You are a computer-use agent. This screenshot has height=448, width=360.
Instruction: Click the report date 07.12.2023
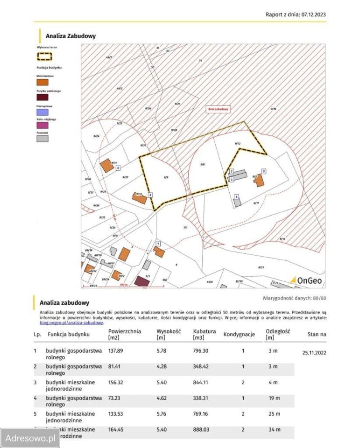(313, 14)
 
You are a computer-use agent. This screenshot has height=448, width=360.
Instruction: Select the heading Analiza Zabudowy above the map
(71, 35)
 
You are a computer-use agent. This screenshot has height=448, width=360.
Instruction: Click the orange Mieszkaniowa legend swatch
(42, 82)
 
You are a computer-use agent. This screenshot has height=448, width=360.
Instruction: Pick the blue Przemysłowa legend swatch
(42, 112)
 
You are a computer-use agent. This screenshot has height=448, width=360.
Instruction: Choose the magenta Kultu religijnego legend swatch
(42, 126)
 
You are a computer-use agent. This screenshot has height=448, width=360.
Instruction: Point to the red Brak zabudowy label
(219, 109)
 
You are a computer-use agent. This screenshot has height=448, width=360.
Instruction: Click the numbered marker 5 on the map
(264, 171)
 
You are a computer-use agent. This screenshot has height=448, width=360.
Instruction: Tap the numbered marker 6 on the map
(119, 168)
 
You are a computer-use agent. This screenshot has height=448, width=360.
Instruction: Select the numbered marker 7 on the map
(158, 244)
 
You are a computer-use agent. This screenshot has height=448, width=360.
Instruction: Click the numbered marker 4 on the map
(237, 197)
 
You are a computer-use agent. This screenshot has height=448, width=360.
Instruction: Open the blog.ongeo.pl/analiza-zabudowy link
(72, 322)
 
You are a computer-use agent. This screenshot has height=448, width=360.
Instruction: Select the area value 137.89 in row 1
(116, 350)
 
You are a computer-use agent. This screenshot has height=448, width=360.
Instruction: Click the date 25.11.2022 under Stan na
(314, 353)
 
